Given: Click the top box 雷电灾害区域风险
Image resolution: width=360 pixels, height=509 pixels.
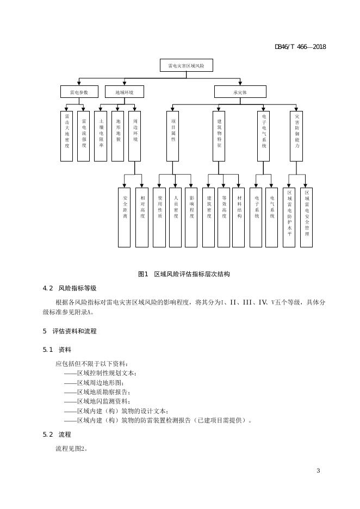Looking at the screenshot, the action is click(186, 65).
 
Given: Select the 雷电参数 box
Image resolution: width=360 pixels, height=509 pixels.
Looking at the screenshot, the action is click(79, 92).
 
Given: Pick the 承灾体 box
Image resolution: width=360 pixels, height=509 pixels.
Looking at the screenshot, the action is click(240, 92).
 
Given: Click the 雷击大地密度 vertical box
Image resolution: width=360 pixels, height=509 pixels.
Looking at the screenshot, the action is click(66, 136).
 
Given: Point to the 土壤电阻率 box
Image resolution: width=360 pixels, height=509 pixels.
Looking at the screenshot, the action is click(101, 136).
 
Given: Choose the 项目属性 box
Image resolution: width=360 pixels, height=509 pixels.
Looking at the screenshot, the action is click(173, 136).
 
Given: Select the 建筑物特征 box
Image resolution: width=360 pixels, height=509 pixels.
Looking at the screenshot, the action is click(219, 136).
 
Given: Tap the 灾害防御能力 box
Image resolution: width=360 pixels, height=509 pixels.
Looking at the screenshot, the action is click(297, 136).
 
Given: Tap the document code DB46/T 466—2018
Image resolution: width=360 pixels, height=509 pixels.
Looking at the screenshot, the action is click(300, 47).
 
